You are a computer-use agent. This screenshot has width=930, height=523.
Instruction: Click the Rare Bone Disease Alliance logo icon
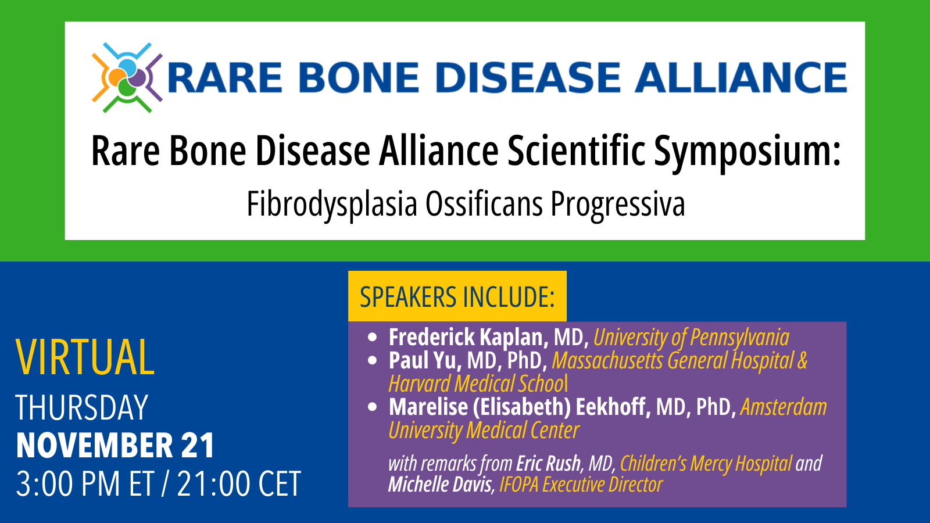point(127,77)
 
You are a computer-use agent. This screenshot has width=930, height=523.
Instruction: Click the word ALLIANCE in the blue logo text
point(741,78)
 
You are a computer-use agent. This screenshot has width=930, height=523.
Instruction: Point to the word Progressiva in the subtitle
point(617,205)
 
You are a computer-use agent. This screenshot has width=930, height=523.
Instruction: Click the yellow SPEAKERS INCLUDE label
point(457,297)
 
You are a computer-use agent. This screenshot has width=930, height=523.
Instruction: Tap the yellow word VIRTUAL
point(85,357)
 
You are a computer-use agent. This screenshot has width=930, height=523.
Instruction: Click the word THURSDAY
point(82,408)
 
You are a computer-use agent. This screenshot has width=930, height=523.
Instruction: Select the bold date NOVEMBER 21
point(115,446)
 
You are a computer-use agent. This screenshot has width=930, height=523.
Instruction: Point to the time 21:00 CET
point(239,484)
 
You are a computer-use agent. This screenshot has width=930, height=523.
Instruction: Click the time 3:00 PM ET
point(85,484)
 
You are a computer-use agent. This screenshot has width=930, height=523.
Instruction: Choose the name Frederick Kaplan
point(468,337)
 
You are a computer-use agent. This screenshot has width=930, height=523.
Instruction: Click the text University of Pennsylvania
point(691,337)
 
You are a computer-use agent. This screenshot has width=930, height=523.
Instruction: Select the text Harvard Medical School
point(478,384)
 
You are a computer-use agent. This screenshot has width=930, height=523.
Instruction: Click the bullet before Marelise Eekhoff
point(373,407)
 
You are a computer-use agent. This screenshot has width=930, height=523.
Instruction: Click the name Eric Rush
point(548,464)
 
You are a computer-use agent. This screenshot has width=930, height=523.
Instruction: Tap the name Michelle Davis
point(440,485)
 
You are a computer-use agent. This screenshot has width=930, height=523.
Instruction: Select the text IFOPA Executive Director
point(581,485)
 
